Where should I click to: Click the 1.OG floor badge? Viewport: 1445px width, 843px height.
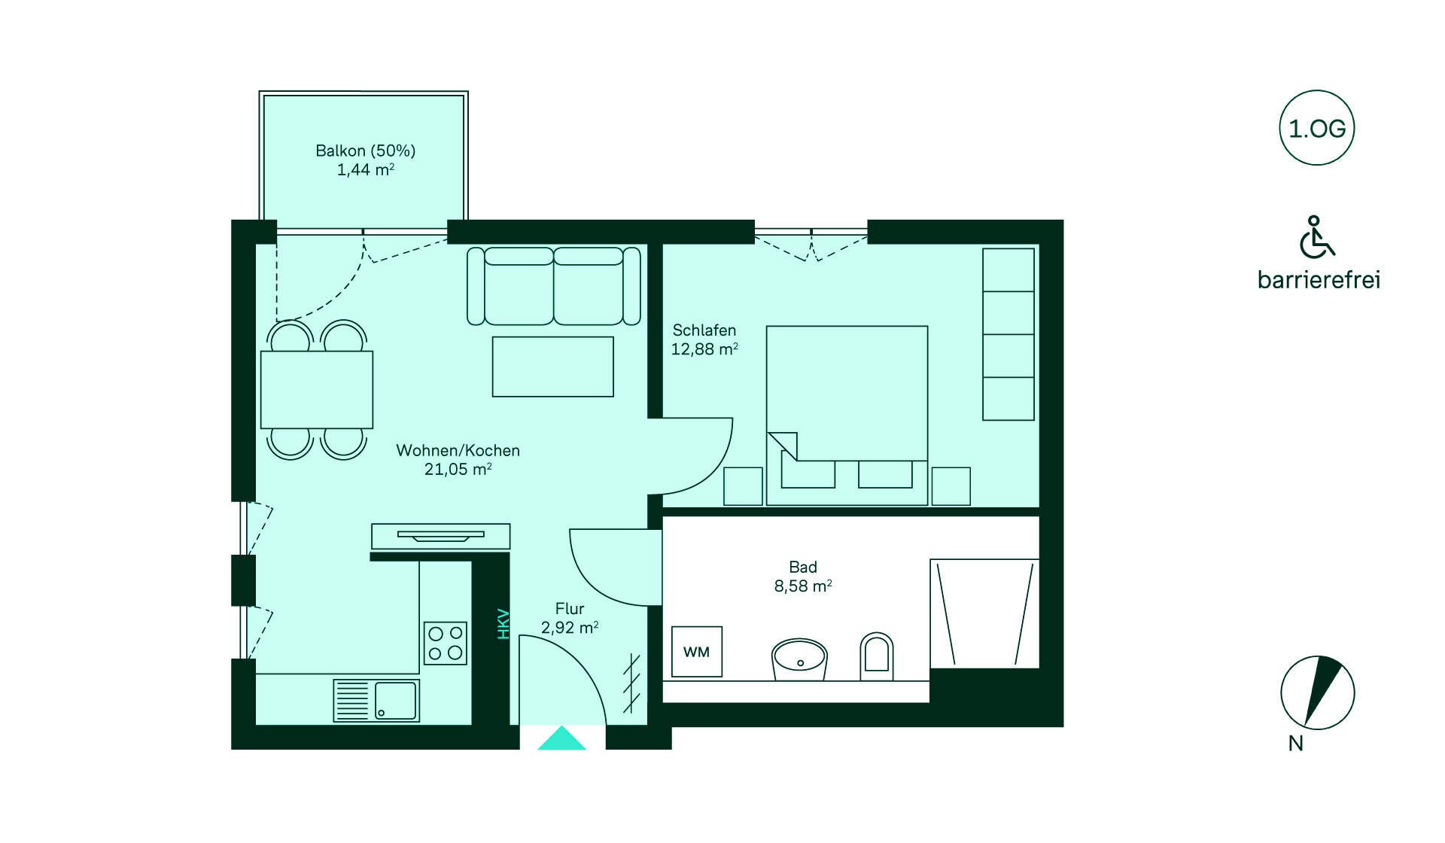[x=1317, y=128]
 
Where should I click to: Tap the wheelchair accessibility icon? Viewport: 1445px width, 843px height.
[x=1316, y=237]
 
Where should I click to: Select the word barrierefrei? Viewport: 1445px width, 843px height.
[x=1319, y=280]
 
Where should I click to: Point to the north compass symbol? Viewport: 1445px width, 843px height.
[x=1318, y=692]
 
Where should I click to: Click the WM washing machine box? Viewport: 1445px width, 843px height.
[x=697, y=651]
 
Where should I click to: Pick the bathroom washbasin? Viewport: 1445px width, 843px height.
[x=799, y=660]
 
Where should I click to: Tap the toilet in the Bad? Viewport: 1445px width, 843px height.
[x=877, y=656]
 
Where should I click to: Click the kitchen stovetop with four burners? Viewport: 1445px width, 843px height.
[x=446, y=643]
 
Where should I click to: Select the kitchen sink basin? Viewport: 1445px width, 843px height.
[x=396, y=701]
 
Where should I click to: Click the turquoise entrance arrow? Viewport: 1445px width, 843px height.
[x=561, y=738]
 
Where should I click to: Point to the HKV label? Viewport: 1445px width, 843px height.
[x=503, y=624]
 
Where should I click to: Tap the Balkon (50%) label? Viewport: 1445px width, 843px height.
[x=366, y=151]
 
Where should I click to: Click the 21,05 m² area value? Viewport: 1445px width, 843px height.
[x=458, y=469]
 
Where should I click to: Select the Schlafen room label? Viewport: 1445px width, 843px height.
[x=704, y=330]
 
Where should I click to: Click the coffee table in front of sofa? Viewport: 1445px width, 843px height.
[x=553, y=367]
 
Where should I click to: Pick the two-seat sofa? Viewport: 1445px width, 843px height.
[x=554, y=286]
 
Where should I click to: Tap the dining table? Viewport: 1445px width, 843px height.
[x=317, y=390]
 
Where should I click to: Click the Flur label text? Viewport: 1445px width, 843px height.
[x=570, y=608]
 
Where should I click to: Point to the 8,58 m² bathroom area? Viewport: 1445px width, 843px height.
[x=803, y=586]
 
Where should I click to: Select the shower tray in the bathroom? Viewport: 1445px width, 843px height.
[x=984, y=613]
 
